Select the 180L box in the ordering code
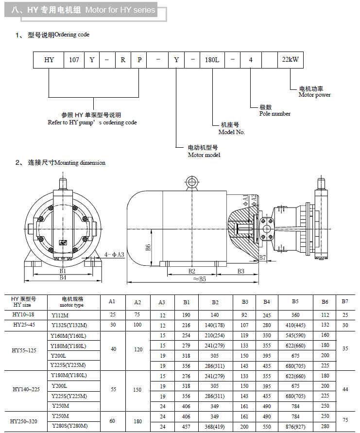pos(213,60)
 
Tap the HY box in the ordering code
pos(49,60)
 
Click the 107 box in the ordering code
pos(74,60)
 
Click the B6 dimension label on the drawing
pos(149,247)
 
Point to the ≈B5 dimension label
pos(199,279)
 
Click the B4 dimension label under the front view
pos(63,277)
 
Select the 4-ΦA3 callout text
pos(115,254)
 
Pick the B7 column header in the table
pos(344,302)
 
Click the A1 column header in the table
pos(112,302)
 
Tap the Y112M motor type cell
pos(60,315)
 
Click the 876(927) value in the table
pos(295,426)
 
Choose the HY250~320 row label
pos(25,421)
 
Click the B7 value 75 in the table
pos(344,421)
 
